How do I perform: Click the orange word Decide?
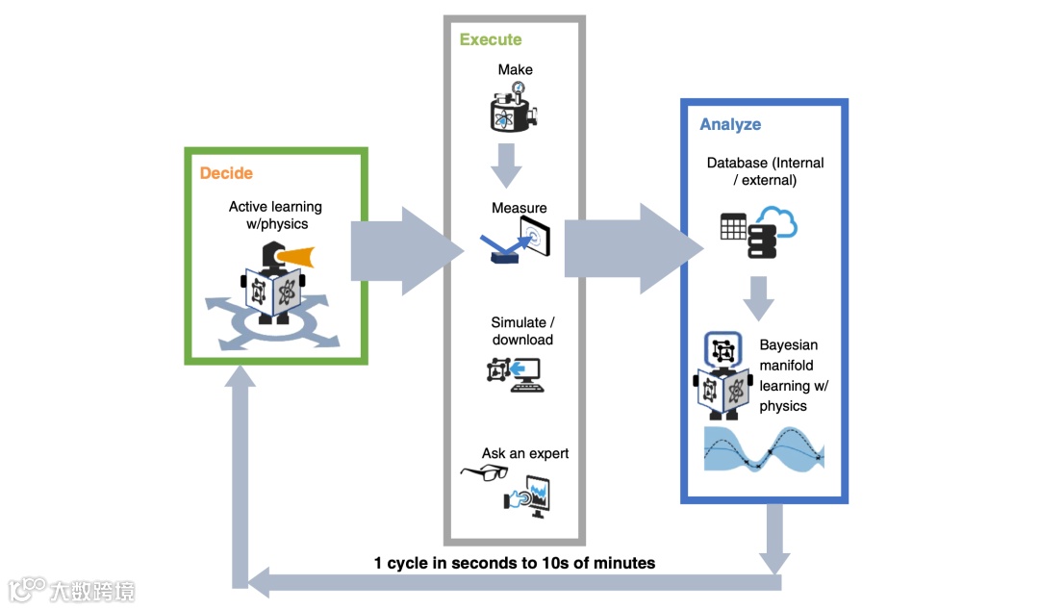(x=226, y=173)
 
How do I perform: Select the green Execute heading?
(x=491, y=39)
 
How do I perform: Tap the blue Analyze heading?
(x=730, y=124)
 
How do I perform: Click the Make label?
(x=515, y=69)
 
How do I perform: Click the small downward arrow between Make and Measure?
(x=506, y=165)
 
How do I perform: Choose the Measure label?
(x=519, y=208)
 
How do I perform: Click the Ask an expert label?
(x=525, y=453)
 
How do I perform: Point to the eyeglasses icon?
(x=484, y=471)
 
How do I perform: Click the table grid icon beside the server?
(x=733, y=227)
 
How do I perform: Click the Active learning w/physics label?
(x=275, y=215)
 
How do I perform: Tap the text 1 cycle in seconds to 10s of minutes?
(x=515, y=563)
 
